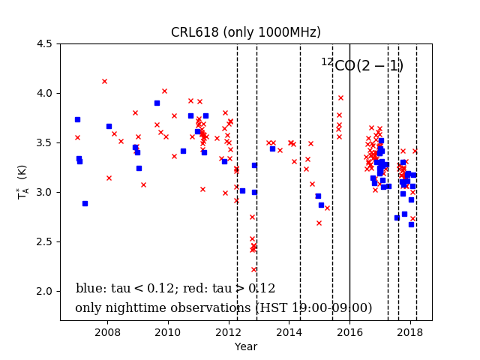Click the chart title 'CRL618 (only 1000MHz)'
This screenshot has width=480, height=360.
[x=245, y=32]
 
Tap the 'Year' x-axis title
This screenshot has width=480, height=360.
[x=245, y=346]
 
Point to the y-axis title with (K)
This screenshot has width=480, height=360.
[x=22, y=181]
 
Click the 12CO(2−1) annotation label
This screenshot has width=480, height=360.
[x=362, y=66]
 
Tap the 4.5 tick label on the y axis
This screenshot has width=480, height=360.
[x=44, y=43]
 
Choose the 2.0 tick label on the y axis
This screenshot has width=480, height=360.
[x=44, y=291]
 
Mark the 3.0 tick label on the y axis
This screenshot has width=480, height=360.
[x=44, y=192]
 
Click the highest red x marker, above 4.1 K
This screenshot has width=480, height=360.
[x=104, y=81]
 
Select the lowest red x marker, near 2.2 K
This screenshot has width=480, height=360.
[x=253, y=269]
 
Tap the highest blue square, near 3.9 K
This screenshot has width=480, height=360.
[x=157, y=103]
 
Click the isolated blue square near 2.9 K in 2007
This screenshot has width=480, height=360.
[x=85, y=203]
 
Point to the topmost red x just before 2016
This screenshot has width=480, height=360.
[x=340, y=97]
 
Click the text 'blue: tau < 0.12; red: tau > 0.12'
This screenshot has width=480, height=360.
[x=175, y=289]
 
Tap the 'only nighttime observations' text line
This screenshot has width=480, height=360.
[x=223, y=308]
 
